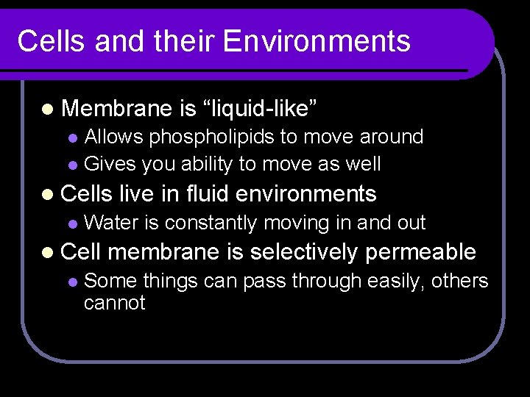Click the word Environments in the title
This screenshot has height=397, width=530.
(317, 42)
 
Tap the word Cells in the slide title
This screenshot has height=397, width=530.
(45, 42)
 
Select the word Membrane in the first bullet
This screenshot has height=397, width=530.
(116, 110)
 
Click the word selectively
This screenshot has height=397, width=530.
(303, 252)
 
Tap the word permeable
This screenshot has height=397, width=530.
(421, 253)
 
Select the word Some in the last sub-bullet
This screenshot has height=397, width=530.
(110, 281)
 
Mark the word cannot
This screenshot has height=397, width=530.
(115, 302)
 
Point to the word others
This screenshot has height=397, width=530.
(460, 281)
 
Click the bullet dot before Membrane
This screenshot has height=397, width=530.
(49, 110)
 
